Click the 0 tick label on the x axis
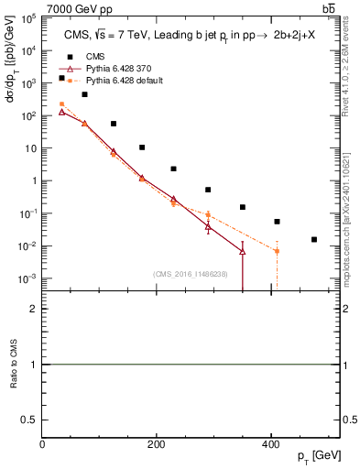(42, 444)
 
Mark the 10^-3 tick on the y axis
(29, 278)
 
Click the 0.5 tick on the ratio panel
(29, 420)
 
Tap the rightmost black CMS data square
(314, 240)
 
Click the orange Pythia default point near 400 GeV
(276, 251)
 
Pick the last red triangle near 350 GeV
(243, 251)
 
